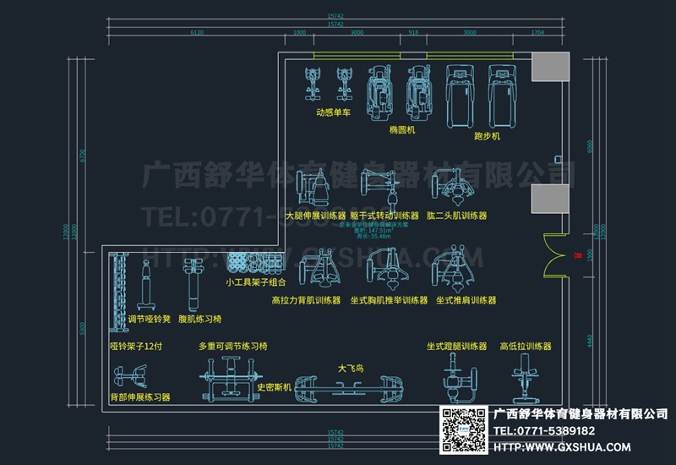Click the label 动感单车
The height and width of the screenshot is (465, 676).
point(333,112)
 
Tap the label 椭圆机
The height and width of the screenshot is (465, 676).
point(402,131)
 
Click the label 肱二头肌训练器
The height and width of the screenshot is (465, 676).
point(457,216)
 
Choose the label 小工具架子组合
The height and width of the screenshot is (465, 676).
point(255,282)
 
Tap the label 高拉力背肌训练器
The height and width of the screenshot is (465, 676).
point(306,300)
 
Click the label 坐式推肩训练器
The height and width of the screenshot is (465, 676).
point(466,300)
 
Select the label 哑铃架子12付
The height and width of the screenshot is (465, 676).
point(136,347)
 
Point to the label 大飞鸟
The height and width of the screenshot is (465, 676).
point(350,369)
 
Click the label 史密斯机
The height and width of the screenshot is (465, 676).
point(273,387)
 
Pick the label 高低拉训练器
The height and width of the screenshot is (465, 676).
point(525,347)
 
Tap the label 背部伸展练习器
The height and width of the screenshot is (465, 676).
point(140,397)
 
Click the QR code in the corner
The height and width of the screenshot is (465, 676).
point(461,429)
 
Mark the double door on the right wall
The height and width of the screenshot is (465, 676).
point(558,255)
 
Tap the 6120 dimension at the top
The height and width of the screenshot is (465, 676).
point(197,32)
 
